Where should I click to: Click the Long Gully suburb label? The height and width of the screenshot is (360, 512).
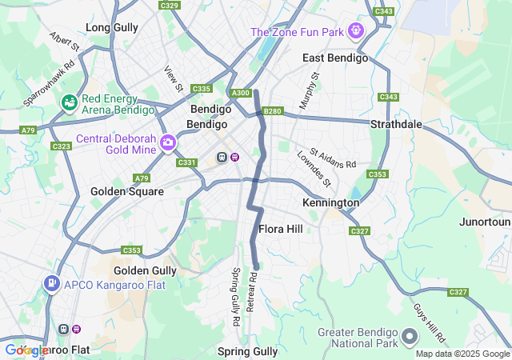(112, 27)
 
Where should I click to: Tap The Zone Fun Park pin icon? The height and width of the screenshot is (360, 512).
(355, 31)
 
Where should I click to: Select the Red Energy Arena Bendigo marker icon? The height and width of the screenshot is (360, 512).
(70, 102)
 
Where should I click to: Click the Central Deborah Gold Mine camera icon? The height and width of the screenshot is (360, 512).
(168, 142)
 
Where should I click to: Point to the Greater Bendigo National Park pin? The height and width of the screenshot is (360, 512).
(410, 334)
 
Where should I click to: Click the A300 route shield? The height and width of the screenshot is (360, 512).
(240, 94)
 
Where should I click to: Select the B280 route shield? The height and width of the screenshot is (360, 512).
(273, 111)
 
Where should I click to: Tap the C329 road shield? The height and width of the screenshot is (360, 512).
(170, 6)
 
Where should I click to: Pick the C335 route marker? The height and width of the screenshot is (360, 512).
(202, 89)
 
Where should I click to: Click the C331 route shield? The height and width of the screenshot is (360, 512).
(186, 162)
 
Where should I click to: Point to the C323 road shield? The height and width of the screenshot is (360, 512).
(61, 146)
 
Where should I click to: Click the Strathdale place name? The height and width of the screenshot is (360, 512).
(396, 125)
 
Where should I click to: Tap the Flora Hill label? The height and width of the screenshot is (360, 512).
(280, 229)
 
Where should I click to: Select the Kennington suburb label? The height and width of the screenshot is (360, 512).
(330, 203)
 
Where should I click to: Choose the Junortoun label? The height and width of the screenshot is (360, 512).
(486, 222)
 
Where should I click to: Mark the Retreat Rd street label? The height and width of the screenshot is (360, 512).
(252, 291)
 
